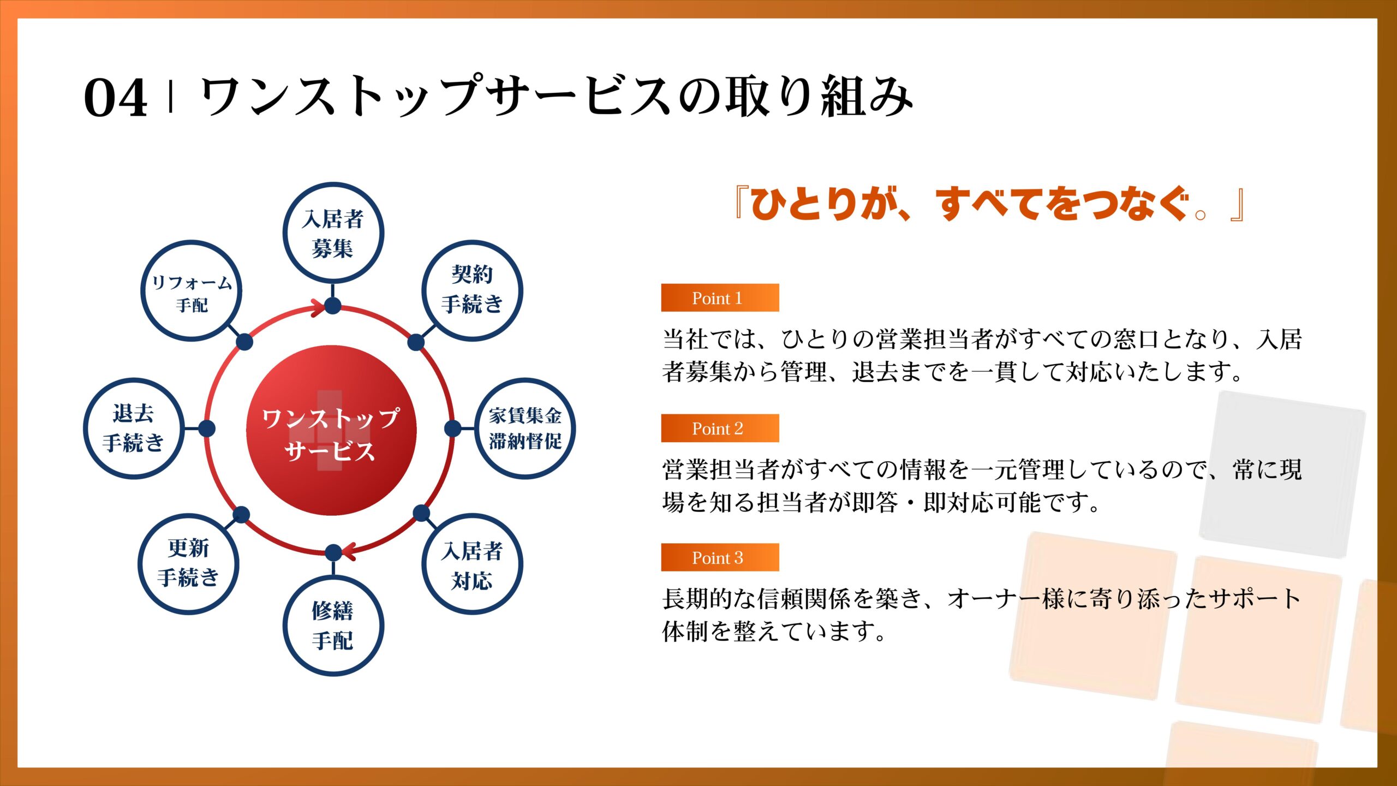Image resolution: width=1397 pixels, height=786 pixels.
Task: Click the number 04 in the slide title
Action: click(115, 98)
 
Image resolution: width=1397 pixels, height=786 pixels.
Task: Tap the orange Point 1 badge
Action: click(720, 297)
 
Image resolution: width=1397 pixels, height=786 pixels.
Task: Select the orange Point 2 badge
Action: click(720, 428)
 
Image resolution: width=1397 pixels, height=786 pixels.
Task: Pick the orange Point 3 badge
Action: click(720, 557)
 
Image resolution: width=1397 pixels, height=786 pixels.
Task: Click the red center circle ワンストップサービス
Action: click(331, 430)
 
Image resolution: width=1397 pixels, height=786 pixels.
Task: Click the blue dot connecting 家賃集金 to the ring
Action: click(452, 428)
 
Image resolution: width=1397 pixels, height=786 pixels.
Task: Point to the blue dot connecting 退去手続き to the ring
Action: click(207, 428)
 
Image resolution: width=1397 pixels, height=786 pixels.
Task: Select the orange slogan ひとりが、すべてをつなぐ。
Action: click(989, 203)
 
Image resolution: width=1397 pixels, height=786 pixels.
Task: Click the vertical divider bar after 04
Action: click(171, 97)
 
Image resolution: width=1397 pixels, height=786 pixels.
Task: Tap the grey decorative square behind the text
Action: click(1282, 475)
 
